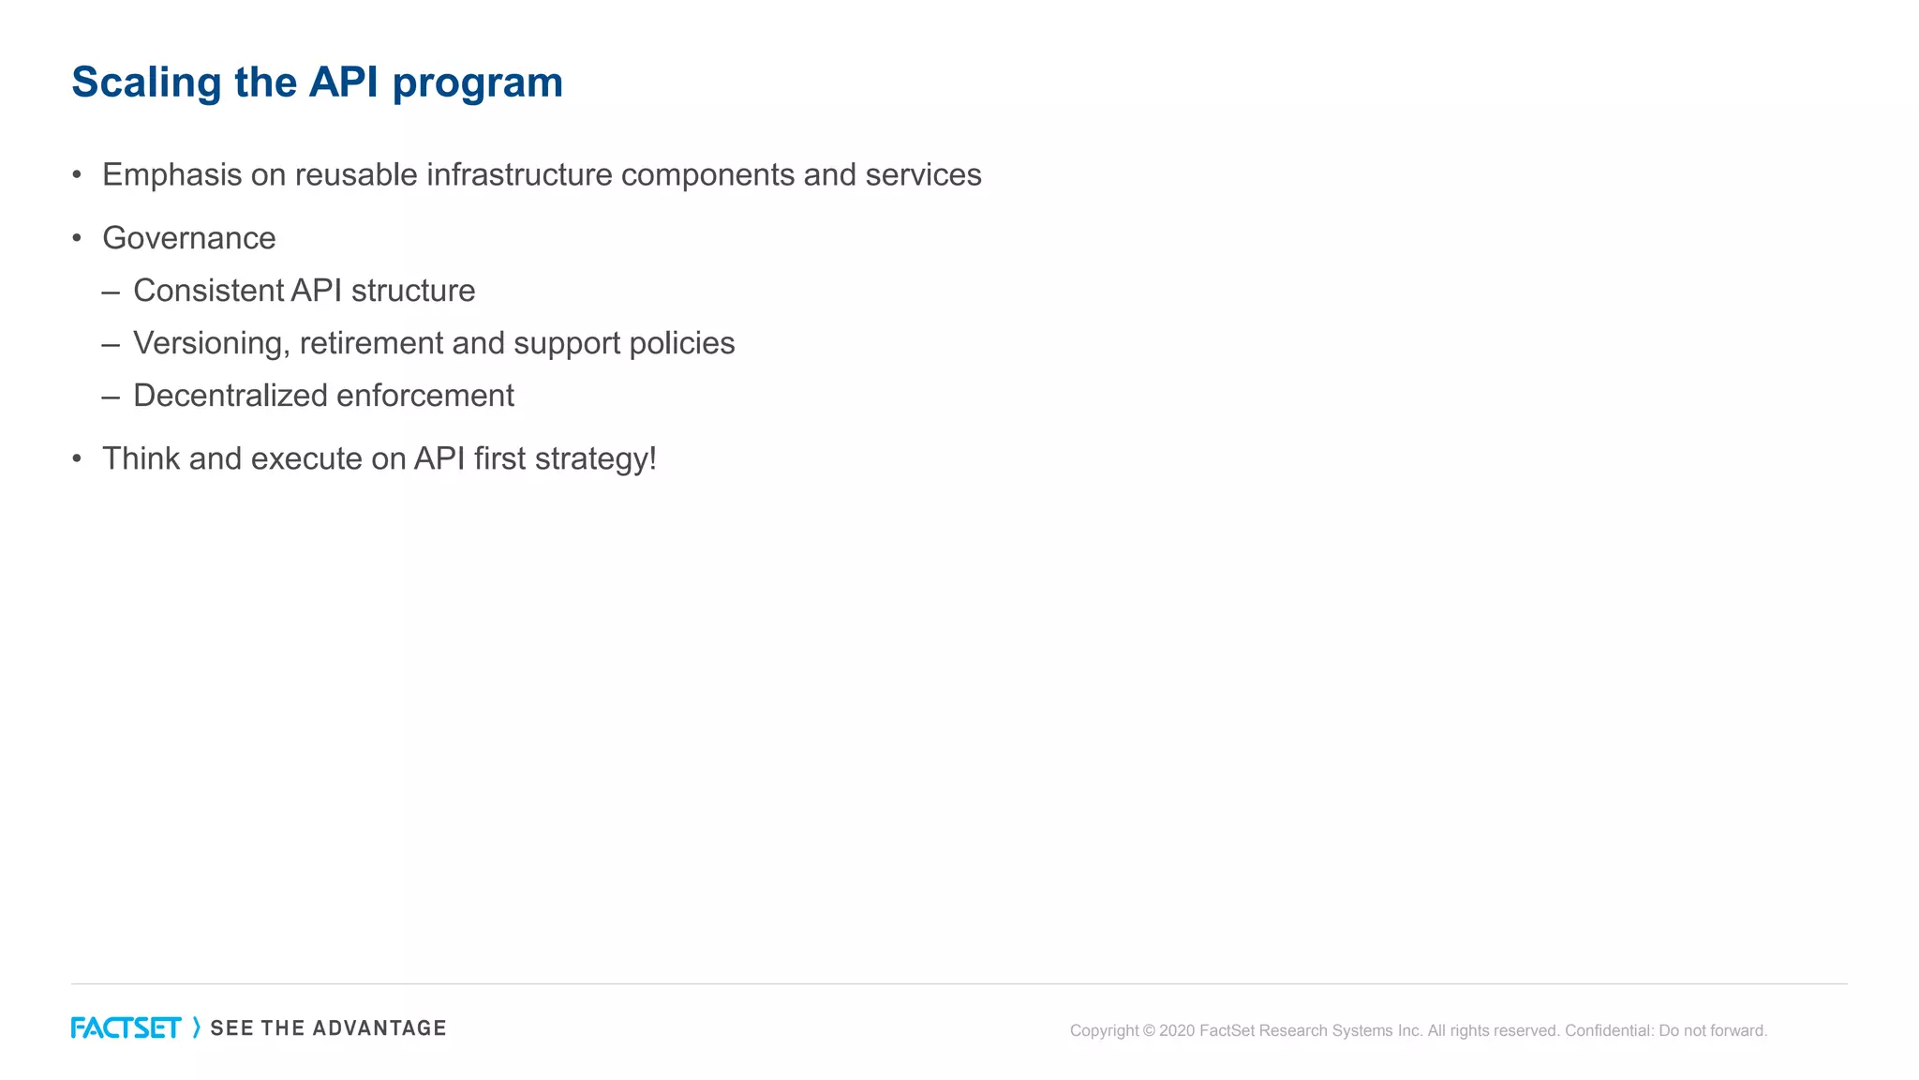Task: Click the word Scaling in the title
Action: (x=146, y=83)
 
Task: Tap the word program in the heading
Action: (x=477, y=83)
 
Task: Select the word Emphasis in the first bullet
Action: (x=171, y=175)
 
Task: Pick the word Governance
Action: (x=189, y=238)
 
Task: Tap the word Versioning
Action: (x=207, y=344)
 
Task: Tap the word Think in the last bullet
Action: (x=141, y=458)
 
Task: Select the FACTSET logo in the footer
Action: (x=126, y=1028)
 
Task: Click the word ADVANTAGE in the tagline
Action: (x=379, y=1028)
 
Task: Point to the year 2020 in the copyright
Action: (x=1177, y=1031)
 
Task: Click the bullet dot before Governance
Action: (x=77, y=238)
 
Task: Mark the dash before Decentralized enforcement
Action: (x=111, y=397)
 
